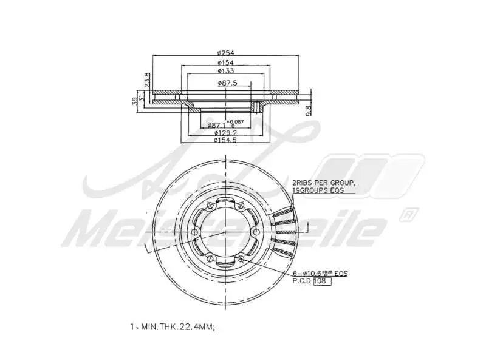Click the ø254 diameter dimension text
pos(225,53)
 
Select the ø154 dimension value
pos(225,62)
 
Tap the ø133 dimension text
pos(225,71)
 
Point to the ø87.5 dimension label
pos(227,83)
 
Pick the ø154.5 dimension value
pos(225,140)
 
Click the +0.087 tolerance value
pos(236,121)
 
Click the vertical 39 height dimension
pos(135,101)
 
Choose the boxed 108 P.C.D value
pos(321,281)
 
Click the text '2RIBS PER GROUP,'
pos(323,182)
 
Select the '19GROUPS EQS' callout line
pos(318,190)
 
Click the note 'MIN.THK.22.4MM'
pos(174,327)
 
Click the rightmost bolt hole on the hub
pos(256,233)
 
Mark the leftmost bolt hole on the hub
pos(194,233)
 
